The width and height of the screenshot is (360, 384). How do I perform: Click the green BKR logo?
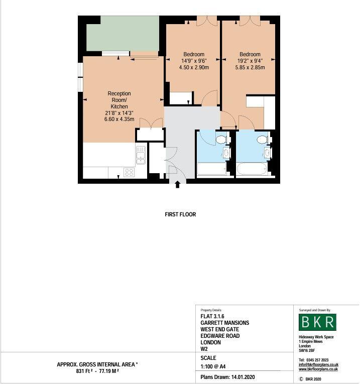[317, 322]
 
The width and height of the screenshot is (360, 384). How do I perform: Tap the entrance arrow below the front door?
[177, 185]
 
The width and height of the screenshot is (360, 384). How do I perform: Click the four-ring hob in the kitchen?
[129, 172]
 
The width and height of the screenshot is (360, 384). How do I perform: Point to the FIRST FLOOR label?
[180, 214]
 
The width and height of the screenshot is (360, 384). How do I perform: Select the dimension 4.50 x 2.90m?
[193, 68]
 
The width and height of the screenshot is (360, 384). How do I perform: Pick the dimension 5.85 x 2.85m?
[250, 68]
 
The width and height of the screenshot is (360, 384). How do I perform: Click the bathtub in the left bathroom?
[212, 169]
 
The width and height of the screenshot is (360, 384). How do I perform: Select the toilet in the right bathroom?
[262, 139]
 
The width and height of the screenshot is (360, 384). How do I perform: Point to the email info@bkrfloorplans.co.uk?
[318, 364]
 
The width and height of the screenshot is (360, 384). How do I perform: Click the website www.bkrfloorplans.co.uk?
[318, 369]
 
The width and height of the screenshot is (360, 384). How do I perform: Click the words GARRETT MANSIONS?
[224, 323]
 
